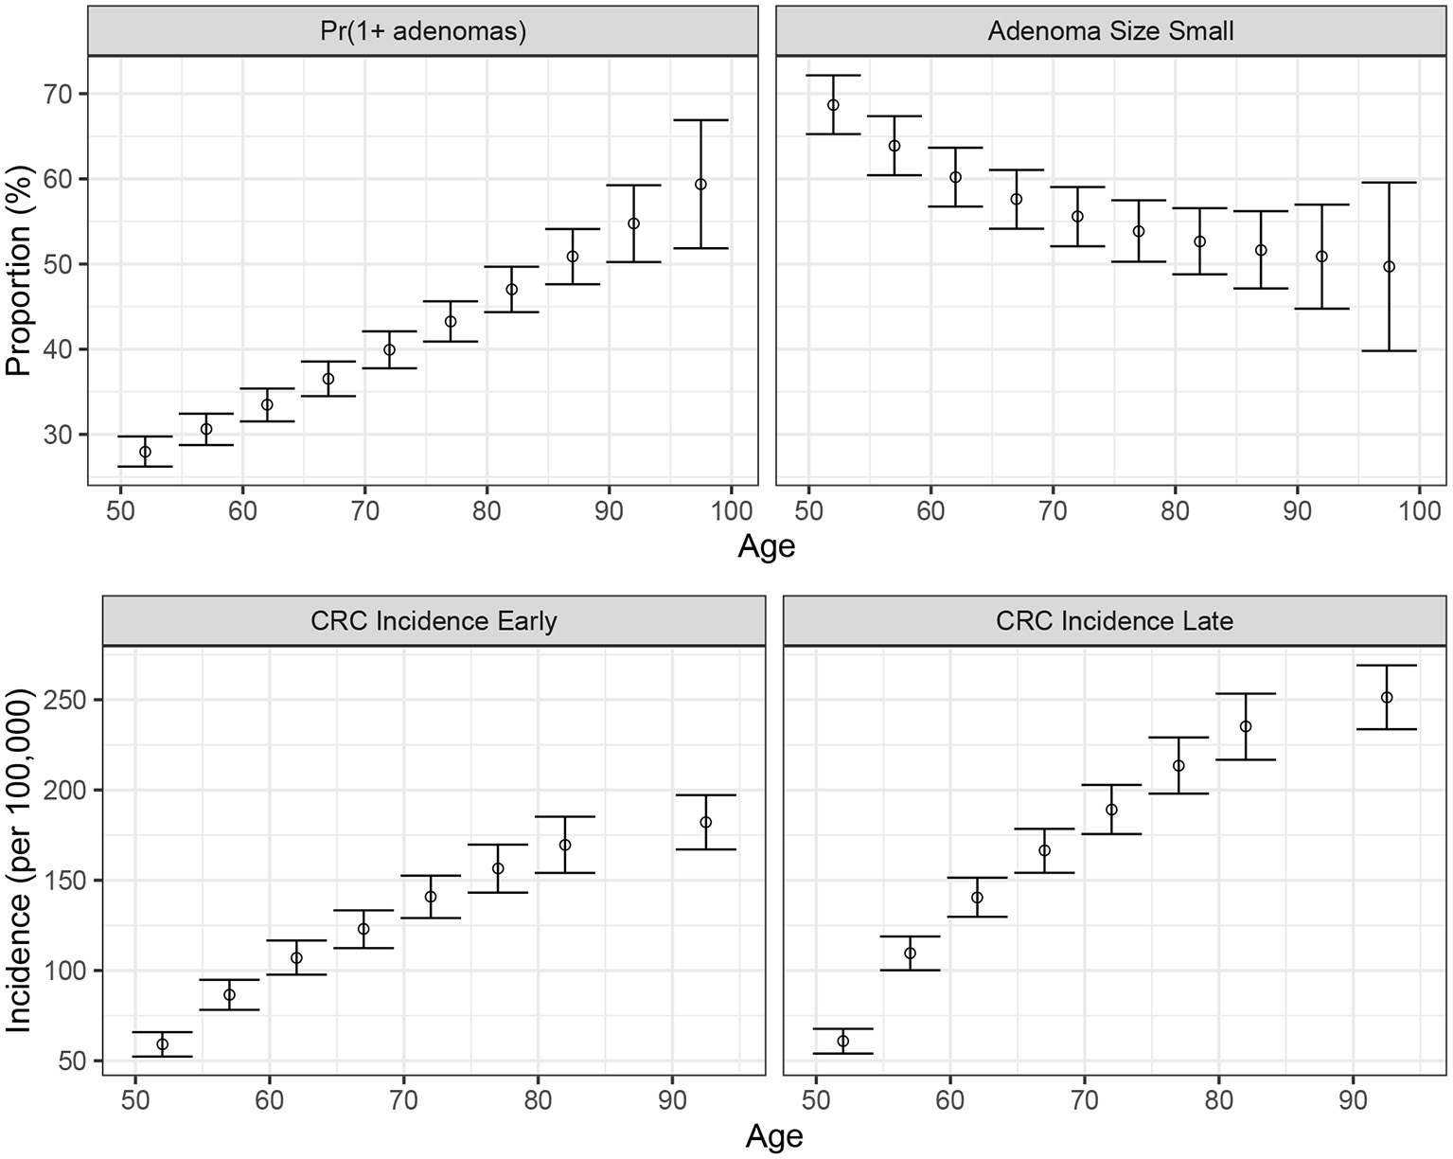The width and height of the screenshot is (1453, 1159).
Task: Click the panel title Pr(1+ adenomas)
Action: point(423,31)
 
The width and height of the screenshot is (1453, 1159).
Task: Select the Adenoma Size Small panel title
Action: point(1110,31)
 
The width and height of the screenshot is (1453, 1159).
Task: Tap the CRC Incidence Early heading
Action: point(434,621)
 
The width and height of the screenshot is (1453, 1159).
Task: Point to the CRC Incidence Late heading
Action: point(1114,621)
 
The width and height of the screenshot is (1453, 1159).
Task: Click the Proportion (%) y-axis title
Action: point(19,273)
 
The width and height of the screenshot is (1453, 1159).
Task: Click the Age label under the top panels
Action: point(766,547)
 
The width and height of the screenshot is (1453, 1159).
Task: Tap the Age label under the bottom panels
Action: point(774,1136)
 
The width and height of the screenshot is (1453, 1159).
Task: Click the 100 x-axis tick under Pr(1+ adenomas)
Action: point(731,511)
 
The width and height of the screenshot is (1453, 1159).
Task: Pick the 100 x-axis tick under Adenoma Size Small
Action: point(1419,511)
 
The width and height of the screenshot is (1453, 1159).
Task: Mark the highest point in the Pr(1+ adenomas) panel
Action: point(700,185)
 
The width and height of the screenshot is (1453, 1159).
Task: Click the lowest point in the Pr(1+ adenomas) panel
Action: point(145,452)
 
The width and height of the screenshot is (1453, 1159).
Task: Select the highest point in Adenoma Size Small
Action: point(833,105)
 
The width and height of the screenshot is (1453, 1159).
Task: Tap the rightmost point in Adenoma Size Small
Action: point(1389,267)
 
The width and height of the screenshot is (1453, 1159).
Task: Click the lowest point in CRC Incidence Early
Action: point(162,1044)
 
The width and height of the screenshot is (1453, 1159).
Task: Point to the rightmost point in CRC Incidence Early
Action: point(705,822)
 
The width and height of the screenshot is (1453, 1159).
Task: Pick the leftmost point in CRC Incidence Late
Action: point(842,1042)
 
